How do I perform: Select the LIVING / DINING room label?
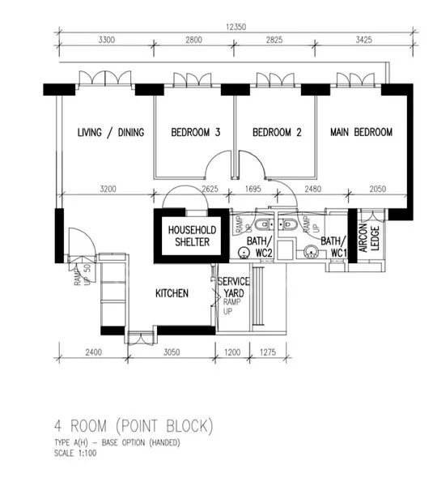106,133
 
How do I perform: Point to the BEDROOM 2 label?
277,133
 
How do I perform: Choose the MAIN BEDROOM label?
360,133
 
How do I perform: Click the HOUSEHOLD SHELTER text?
189,236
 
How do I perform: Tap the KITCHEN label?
172,293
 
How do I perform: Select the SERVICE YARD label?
234,287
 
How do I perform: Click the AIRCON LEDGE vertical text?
373,240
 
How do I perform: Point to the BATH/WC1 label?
334,247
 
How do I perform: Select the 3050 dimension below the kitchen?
165,353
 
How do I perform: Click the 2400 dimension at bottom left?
92,353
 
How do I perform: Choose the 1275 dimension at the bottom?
269,353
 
